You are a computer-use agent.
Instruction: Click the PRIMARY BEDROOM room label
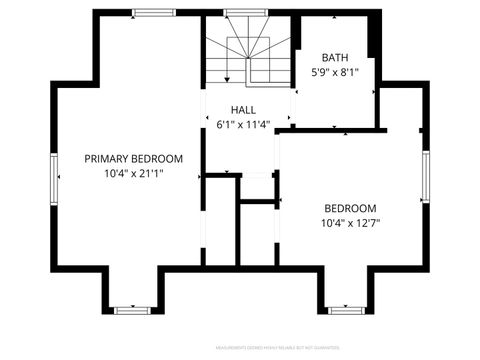(133, 158)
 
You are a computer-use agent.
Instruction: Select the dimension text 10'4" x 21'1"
(133, 173)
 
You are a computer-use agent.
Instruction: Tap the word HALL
(243, 110)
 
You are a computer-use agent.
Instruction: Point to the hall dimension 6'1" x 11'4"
(243, 125)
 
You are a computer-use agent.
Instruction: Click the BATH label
(335, 57)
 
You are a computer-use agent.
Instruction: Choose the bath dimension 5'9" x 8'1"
(335, 72)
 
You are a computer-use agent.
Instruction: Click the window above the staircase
(237, 13)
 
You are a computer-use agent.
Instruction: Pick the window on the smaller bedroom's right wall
(425, 176)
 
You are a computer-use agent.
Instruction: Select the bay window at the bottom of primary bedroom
(131, 310)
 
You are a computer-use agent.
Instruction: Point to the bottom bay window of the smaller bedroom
(345, 310)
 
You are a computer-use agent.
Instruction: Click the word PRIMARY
(108, 158)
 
